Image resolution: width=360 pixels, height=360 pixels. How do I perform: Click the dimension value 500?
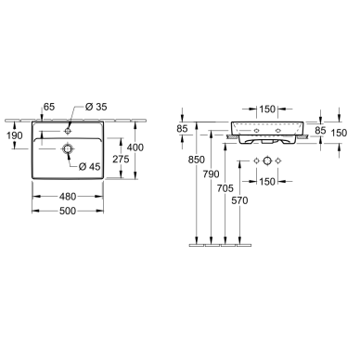pos(68,211)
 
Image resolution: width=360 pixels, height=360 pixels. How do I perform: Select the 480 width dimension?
pos(68,197)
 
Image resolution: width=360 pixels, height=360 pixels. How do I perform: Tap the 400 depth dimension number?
pos(135,148)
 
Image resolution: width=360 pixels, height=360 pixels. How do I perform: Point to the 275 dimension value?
pos(121,160)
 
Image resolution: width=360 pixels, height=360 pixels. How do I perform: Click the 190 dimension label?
pos(15,135)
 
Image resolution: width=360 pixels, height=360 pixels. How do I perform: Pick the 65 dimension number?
pos(49,107)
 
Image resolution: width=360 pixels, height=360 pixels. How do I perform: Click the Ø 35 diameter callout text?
pos(96,107)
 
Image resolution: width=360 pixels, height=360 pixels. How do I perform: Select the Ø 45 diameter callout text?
pos(90,167)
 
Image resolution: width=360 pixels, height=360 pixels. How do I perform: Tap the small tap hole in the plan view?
pos(68,132)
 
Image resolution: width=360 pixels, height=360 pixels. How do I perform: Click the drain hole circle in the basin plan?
pos(68,149)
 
